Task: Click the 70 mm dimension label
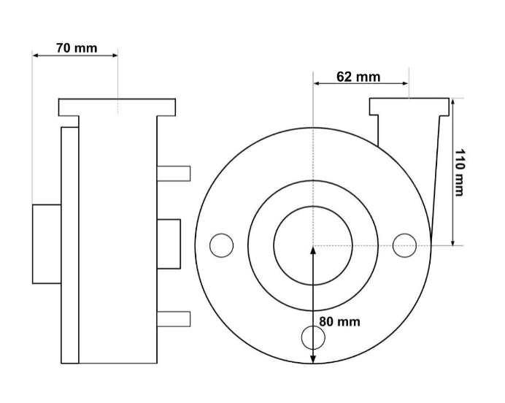point(77,48)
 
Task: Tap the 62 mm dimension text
point(358,77)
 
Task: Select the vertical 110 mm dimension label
point(459,172)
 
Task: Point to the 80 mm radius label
point(340,322)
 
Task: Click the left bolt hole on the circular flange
point(221,245)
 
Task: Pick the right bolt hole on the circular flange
point(404,245)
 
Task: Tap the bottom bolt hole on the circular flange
point(313,337)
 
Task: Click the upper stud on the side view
point(174,174)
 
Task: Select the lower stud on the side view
point(174,319)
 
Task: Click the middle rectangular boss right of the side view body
point(169,244)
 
